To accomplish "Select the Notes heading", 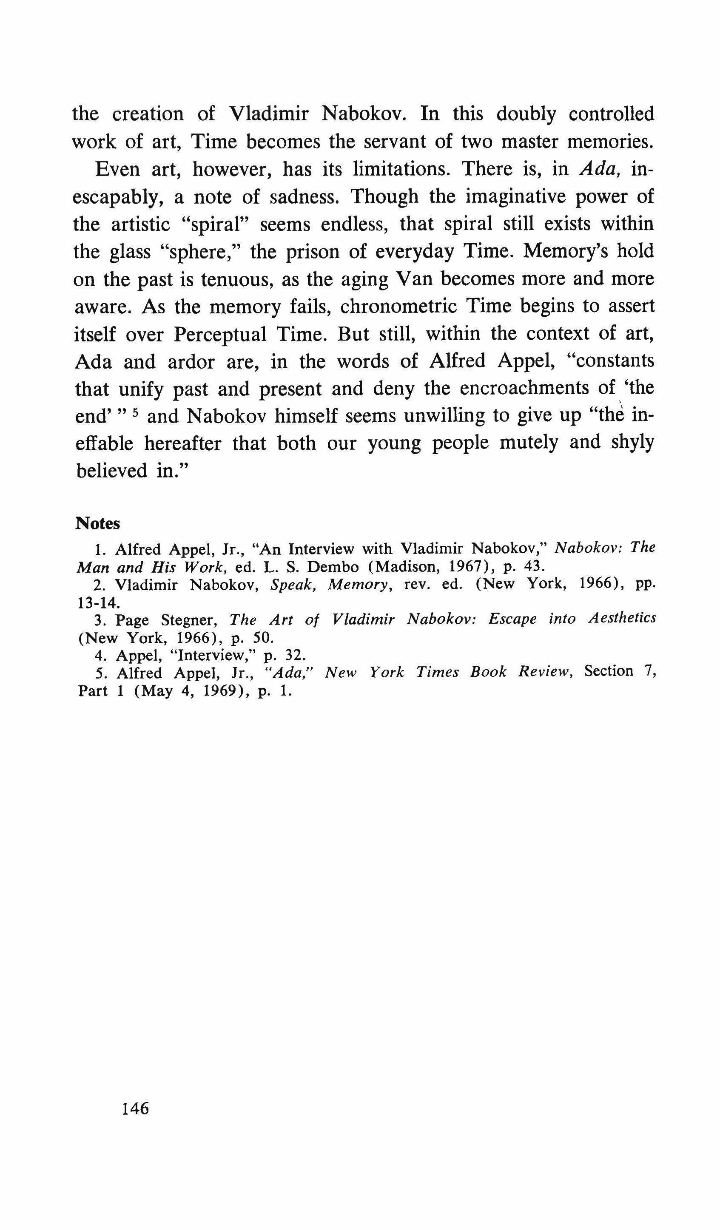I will [98, 523].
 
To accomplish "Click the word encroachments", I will [522, 389].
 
